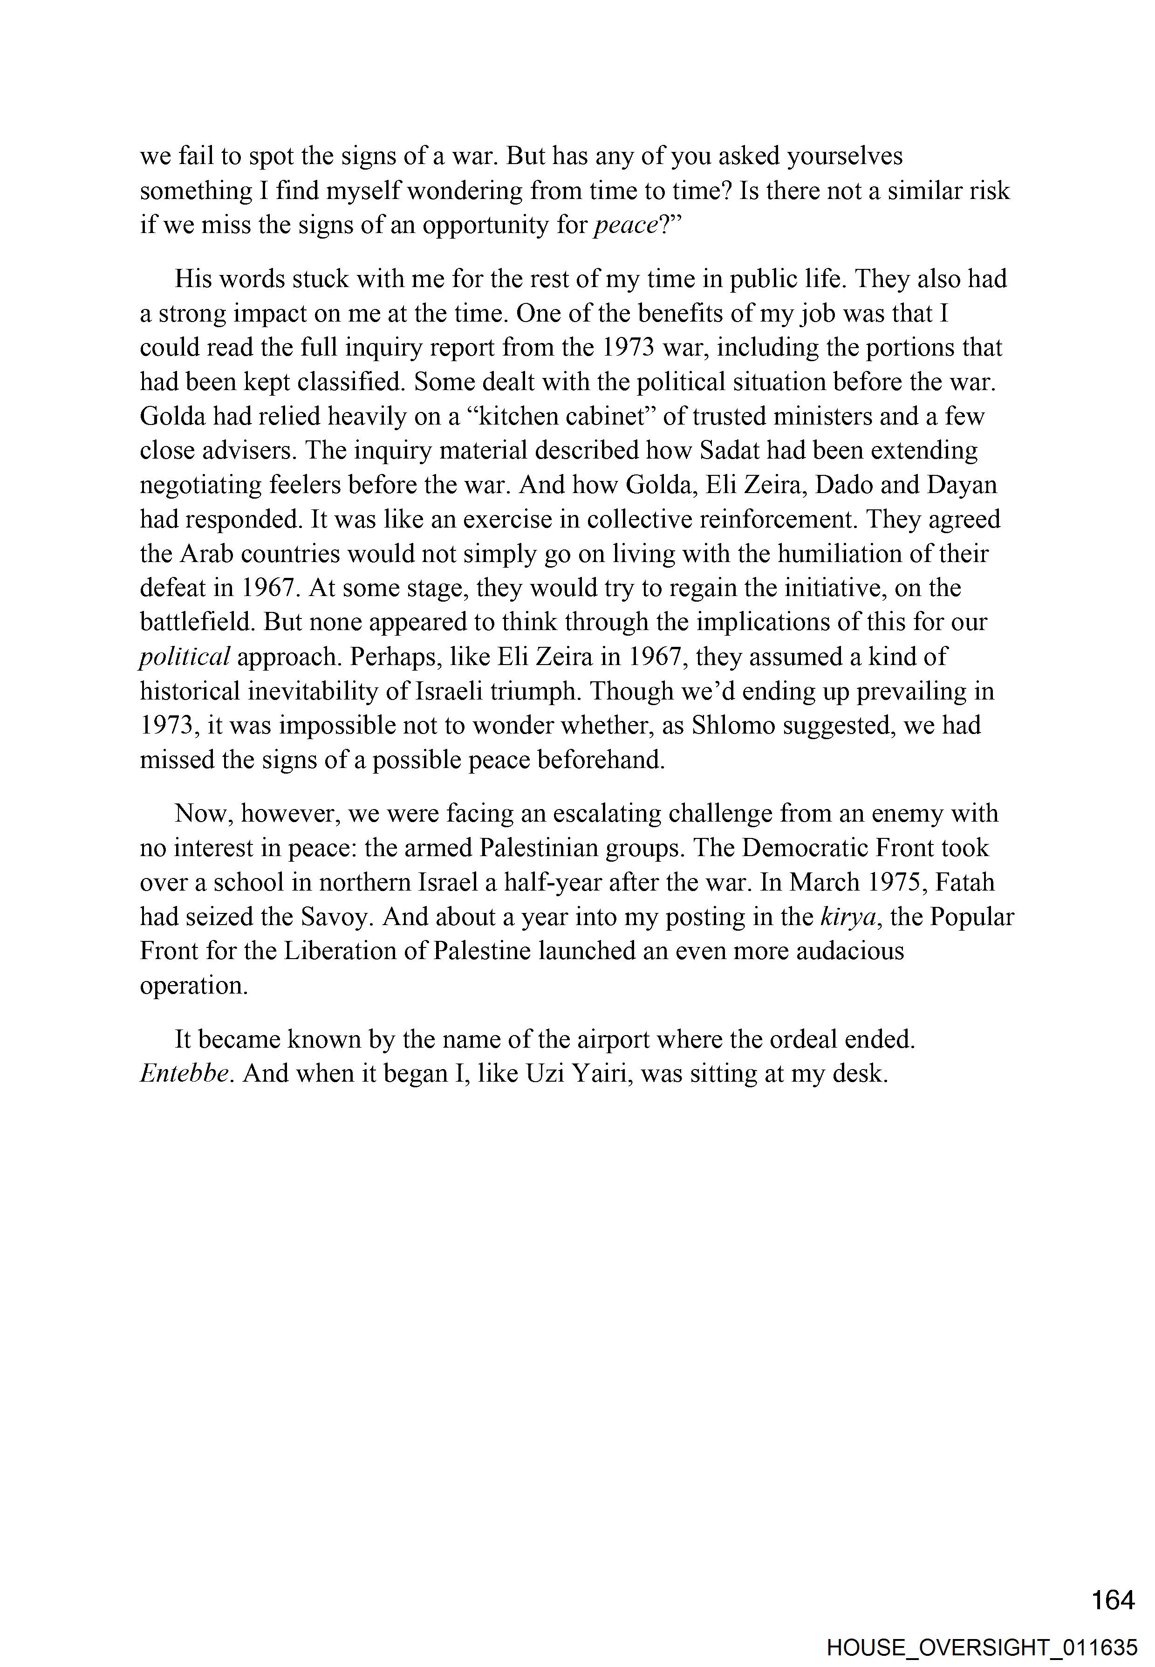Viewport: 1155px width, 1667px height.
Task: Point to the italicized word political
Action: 185,657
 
